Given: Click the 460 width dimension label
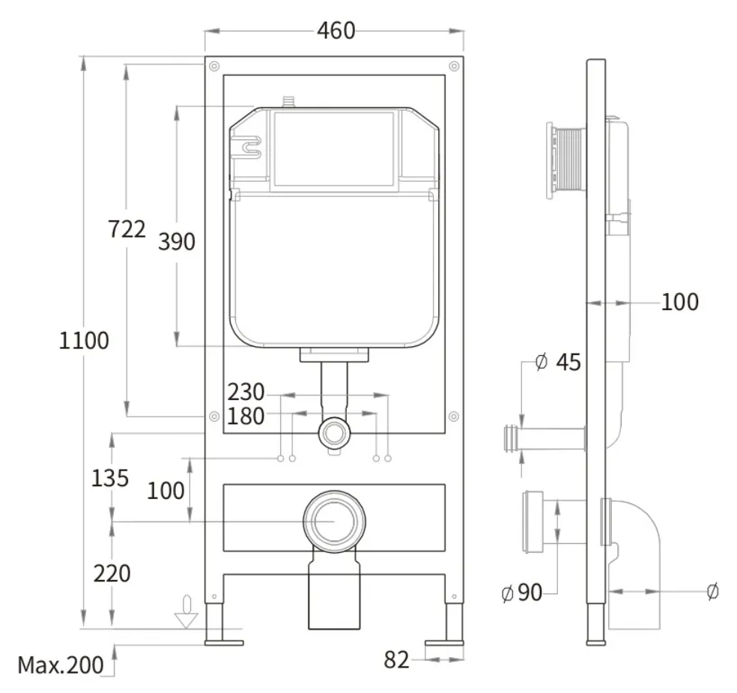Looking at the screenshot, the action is (x=336, y=31).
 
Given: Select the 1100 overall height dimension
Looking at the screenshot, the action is (x=84, y=340).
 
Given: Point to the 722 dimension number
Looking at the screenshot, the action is (x=127, y=229).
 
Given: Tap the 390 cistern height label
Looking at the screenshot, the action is (x=177, y=242).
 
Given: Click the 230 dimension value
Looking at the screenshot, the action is (x=246, y=392).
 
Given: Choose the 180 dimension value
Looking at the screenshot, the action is (x=246, y=416).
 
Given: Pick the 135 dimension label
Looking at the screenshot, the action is (x=110, y=478).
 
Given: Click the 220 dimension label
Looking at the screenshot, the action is (x=112, y=574).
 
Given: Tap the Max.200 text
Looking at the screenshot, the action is (x=61, y=665).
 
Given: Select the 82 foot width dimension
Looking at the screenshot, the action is (x=397, y=660).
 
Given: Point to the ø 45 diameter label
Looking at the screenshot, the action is (x=559, y=362).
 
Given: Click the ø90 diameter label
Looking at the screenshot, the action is (x=522, y=593).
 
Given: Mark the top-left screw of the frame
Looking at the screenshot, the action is (x=214, y=66).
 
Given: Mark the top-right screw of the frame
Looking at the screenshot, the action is (x=454, y=66).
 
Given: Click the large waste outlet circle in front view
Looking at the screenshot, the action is (x=334, y=521).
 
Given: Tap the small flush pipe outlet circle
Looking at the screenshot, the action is (x=334, y=433).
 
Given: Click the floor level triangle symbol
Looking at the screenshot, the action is (x=186, y=620).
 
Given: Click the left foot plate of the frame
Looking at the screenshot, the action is (x=224, y=643).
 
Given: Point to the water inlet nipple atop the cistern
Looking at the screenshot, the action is (x=288, y=102).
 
